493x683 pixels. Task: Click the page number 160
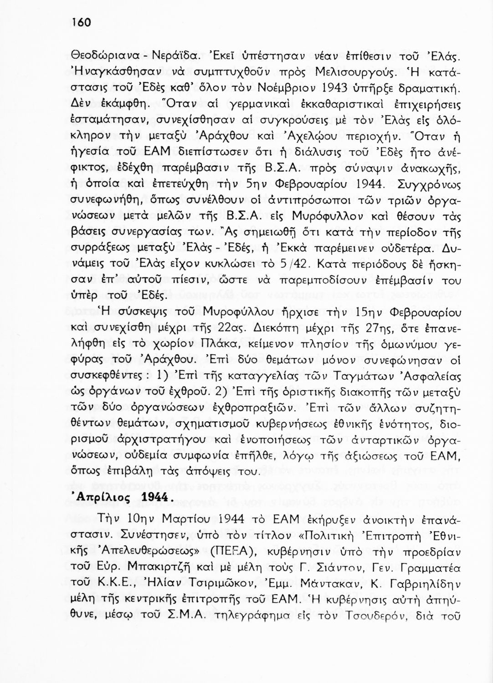coord(82,23)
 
